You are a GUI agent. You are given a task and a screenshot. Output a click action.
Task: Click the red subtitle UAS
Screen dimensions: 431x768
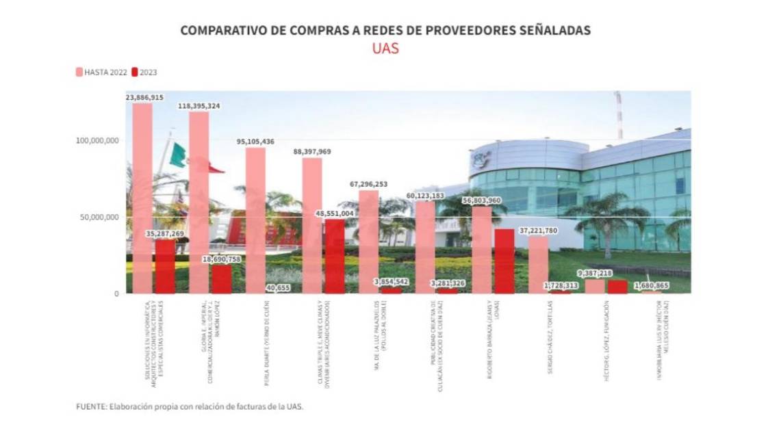coord(385,49)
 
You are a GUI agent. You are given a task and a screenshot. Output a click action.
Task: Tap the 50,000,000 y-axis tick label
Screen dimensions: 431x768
coord(99,217)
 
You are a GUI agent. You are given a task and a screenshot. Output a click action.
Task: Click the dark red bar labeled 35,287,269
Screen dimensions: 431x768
coord(165,267)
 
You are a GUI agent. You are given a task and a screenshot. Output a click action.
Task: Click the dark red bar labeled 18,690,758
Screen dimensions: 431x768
coord(221,279)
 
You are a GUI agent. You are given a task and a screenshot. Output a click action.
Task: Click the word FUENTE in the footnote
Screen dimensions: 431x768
coord(90,406)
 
